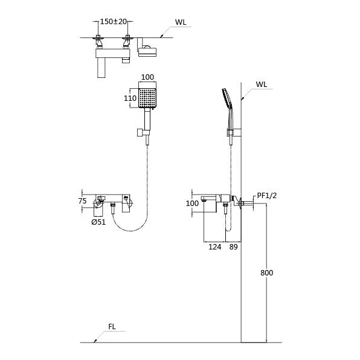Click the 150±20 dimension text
(x=114, y=22)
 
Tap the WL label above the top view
(x=181, y=22)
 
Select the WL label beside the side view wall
(x=262, y=84)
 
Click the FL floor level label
(x=112, y=327)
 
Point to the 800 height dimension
(x=267, y=273)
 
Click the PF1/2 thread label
(x=267, y=196)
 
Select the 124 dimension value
(x=215, y=247)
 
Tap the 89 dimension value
(x=234, y=247)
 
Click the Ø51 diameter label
(x=98, y=222)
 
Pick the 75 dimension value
(x=82, y=201)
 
